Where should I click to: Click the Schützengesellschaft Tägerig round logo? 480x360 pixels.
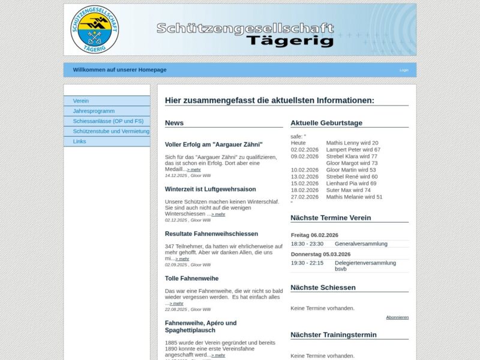click(94, 29)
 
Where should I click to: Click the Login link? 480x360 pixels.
click(404, 70)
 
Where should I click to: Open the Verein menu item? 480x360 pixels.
click(81, 101)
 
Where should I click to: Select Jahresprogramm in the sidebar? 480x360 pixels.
click(94, 111)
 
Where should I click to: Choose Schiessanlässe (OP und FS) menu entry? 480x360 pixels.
click(108, 121)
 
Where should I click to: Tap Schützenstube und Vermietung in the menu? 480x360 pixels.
click(111, 131)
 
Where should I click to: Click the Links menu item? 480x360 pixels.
click(80, 141)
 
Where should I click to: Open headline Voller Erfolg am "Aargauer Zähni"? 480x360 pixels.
click(214, 145)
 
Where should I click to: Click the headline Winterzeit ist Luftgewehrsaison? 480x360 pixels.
click(211, 189)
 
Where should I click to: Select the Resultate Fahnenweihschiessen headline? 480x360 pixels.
click(211, 233)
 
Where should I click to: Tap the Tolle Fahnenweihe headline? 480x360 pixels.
click(191, 278)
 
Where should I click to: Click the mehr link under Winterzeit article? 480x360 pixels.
click(218, 214)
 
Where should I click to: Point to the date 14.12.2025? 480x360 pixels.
click(176, 176)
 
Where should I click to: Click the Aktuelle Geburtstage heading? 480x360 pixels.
click(326, 123)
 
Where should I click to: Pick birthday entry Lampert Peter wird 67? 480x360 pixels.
click(353, 149)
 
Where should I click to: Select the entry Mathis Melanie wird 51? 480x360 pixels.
click(354, 197)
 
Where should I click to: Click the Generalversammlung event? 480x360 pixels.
click(361, 244)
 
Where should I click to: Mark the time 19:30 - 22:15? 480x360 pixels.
click(307, 263)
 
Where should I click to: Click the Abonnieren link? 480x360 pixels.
click(397, 317)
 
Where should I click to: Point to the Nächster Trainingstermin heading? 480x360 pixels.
click(334, 335)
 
